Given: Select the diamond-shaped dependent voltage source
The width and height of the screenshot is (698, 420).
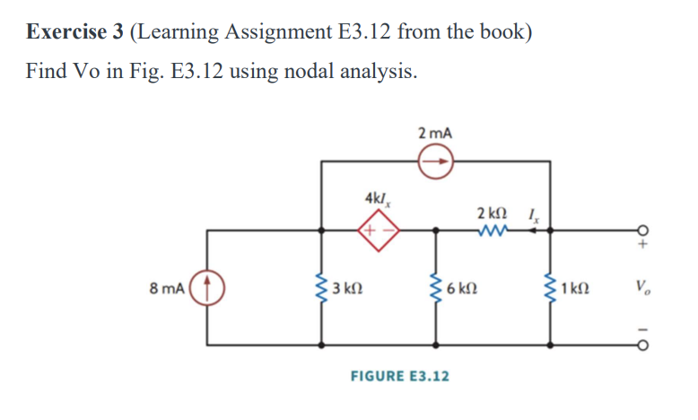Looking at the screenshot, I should pos(377,231).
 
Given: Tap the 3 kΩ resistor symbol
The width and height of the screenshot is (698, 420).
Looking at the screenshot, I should pos(321,288).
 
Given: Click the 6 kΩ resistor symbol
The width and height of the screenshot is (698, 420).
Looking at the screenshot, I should pos(437,288).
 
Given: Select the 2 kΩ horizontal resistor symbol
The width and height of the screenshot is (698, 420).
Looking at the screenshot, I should pos(493,231).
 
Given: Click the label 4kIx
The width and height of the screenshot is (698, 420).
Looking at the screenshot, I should pos(378,198).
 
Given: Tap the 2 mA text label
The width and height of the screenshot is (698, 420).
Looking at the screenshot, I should pos(436,133).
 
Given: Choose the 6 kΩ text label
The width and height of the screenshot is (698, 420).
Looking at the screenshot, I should pos(461,289).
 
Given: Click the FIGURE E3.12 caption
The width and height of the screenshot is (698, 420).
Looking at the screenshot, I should pos(400,375).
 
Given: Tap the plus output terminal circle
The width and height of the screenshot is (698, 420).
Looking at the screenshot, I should pos(642,230).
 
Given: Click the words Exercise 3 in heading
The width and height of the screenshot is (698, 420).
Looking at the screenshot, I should pos(74,32).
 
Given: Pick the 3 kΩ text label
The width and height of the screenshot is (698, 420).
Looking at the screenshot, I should pos(346,289).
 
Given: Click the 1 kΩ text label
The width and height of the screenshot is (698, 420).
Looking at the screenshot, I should pos(575,289).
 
